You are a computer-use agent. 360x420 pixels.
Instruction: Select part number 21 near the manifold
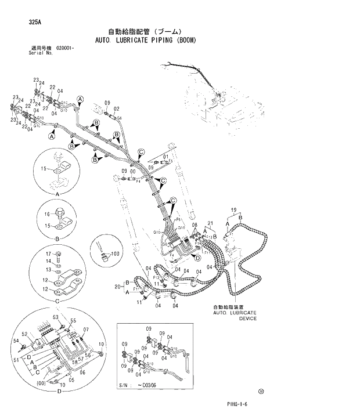(x=211, y=224)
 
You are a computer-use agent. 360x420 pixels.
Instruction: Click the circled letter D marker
(x=197, y=257)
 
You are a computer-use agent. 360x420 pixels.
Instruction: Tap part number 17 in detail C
(x=49, y=254)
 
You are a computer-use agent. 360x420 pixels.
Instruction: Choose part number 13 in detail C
(x=49, y=270)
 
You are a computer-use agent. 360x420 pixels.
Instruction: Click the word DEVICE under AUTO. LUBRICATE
(x=247, y=318)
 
